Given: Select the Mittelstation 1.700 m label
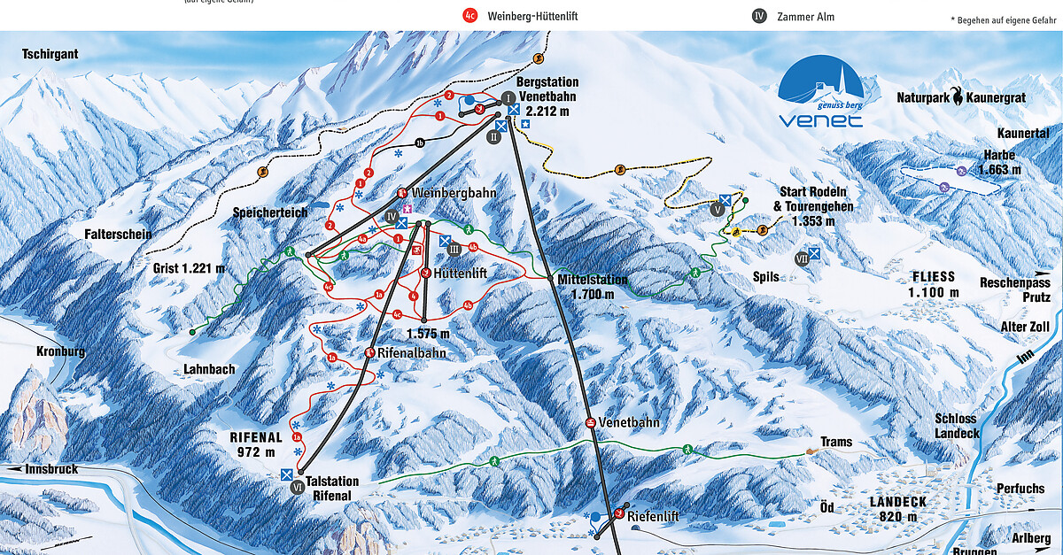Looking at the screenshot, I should coord(593,287).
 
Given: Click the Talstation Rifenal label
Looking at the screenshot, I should coord(332,488).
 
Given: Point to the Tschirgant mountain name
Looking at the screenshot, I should coord(50,54).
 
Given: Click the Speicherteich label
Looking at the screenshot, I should coord(271,212).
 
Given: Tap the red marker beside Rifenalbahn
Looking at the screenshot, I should coord(369,352).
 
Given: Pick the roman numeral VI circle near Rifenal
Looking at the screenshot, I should coord(298,497).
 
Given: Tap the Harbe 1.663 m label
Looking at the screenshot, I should coord(999,161).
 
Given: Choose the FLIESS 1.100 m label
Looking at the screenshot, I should coord(935,284).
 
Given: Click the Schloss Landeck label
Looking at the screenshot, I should coord(957,426).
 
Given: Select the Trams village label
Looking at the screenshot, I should coord(836,442).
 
